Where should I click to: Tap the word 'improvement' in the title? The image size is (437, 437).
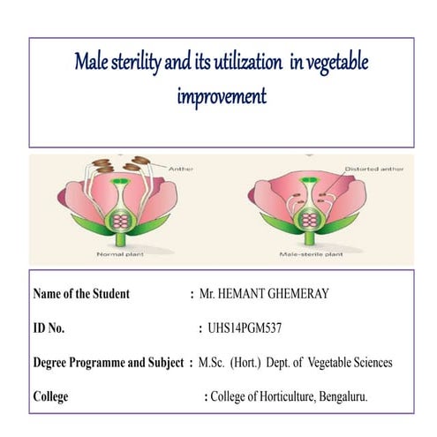[221, 95]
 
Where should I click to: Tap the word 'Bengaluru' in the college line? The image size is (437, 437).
[341, 396]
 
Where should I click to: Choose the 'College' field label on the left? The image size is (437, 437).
[51, 396]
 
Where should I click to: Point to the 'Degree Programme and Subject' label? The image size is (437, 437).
[108, 362]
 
